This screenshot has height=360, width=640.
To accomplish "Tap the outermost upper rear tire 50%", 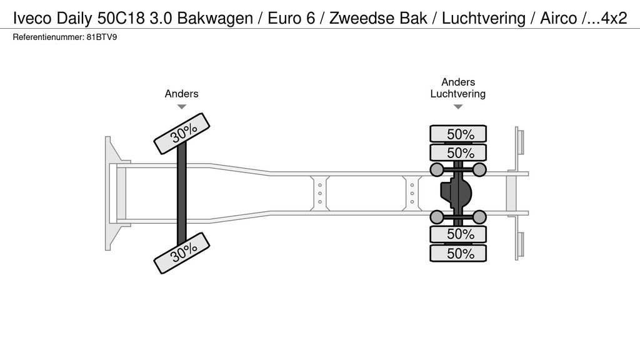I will click(x=458, y=134).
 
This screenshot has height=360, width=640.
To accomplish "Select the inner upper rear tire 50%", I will click(x=458, y=153).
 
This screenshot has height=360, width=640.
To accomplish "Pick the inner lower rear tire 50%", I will click(x=458, y=234).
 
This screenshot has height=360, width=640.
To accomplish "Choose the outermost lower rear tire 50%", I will click(x=458, y=253).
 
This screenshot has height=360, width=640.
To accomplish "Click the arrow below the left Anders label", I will click(x=181, y=107).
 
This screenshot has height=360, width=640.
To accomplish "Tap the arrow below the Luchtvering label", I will click(x=458, y=107).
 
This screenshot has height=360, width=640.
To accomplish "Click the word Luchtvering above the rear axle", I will click(x=458, y=94).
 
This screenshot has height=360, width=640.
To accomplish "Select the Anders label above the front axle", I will click(x=181, y=94).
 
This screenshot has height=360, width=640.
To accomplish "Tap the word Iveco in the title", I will click(x=31, y=18).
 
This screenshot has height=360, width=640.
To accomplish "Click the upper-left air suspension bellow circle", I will click(x=436, y=169).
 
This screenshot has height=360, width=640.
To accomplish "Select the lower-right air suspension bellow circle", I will click(x=479, y=217).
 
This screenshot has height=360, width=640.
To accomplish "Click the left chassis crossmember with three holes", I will click(x=319, y=193).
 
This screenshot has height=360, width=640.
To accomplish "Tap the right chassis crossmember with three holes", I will click(x=412, y=193).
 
